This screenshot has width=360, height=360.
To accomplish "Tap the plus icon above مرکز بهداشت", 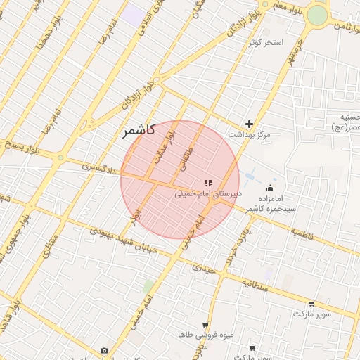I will [x=249, y=124].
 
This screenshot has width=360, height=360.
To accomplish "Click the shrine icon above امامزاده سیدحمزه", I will [x=271, y=188].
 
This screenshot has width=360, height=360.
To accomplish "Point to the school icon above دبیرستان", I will [x=207, y=183].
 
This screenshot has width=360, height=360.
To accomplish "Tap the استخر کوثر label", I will [x=266, y=43].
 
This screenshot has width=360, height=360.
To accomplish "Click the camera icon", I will [x=105, y=350].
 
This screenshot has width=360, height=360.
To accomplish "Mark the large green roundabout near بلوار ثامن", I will [x=318, y=15].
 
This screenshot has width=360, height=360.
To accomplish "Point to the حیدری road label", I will [x=204, y=266].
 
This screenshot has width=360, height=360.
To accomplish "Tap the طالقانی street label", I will [x=185, y=160].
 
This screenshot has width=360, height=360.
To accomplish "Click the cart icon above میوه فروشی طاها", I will [x=205, y=325].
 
